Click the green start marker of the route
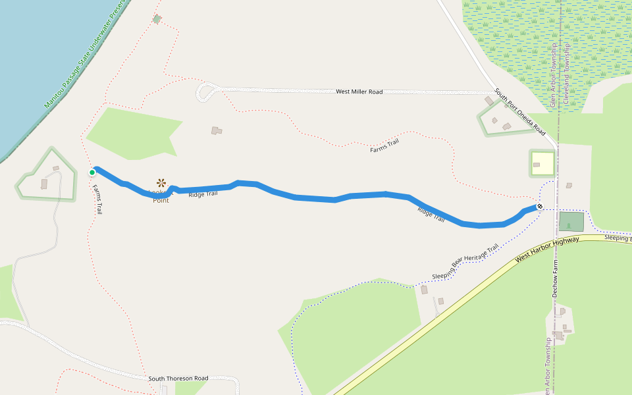pyautogui.click(x=92, y=172)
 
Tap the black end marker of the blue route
pyautogui.click(x=540, y=207)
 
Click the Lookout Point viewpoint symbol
pyautogui.click(x=161, y=182)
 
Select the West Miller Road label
pyautogui.click(x=359, y=92)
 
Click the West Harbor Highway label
pyautogui.click(x=547, y=250)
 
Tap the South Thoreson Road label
pyautogui.click(x=178, y=379)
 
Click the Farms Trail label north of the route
pyautogui.click(x=384, y=146)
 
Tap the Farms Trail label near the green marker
pyautogui.click(x=97, y=199)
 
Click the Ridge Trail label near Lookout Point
pyautogui.click(x=203, y=194)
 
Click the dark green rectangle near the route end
pyautogui.click(x=571, y=222)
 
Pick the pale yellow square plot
pyautogui.click(x=542, y=163)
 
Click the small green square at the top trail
pyautogui.click(x=157, y=19)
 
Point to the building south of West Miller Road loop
pyautogui.click(x=216, y=131)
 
